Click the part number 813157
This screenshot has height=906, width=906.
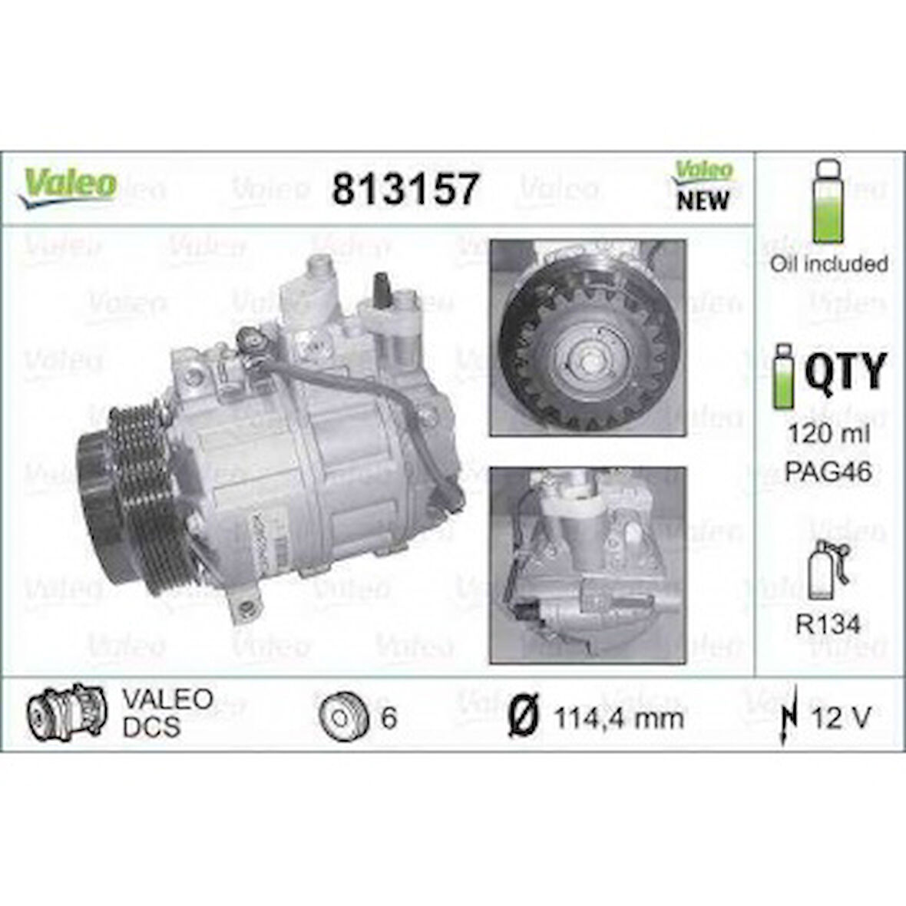coord(405,189)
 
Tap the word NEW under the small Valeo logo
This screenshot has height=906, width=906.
coord(702,201)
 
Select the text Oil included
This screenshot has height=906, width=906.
coord(828,263)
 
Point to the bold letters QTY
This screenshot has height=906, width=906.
coord(845,372)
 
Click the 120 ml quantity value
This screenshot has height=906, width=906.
coord(828,434)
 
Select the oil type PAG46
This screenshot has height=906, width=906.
coord(828,471)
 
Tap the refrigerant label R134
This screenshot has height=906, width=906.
coord(828,624)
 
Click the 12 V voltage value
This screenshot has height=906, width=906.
coord(842,718)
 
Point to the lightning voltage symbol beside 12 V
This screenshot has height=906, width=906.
coord(786,718)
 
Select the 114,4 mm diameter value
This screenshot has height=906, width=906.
coord(618,718)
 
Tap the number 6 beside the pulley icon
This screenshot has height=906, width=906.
coord(389,718)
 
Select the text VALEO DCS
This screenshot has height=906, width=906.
coord(167,712)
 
